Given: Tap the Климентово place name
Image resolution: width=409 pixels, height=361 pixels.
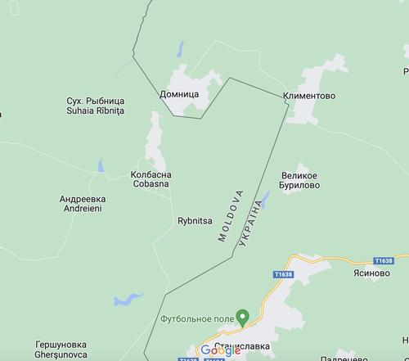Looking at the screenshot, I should coord(309,96).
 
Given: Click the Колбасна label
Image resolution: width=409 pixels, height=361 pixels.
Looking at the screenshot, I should coord(150,174).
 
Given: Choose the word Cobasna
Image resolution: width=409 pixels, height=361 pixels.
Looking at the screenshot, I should coord(150,183).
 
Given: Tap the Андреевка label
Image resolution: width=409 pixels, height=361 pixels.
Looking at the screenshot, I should coord(83,199).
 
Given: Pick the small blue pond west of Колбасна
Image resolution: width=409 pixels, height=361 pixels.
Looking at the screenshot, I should coord(100,168).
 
